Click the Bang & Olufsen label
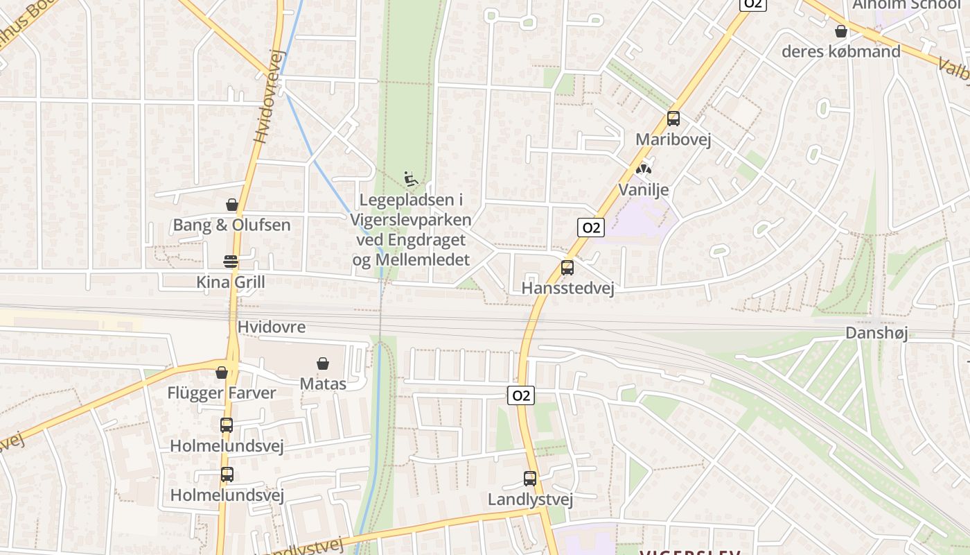pyautogui.click(x=231, y=225)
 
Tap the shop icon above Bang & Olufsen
pyautogui.click(x=231, y=205)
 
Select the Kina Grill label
pyautogui.click(x=231, y=282)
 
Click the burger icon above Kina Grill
pyautogui.click(x=231, y=262)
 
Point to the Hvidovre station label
pyautogui.click(x=271, y=327)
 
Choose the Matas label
pyautogui.click(x=323, y=383)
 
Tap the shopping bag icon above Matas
pyautogui.click(x=323, y=364)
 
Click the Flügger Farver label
pyautogui.click(x=222, y=393)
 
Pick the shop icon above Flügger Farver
pyautogui.click(x=222, y=373)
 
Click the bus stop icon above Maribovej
pyautogui.click(x=673, y=119)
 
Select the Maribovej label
pyautogui.click(x=673, y=139)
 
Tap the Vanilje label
pyautogui.click(x=644, y=189)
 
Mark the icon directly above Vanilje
pyautogui.click(x=644, y=169)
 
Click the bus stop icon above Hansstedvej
pyautogui.click(x=567, y=268)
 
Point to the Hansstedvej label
pyautogui.click(x=567, y=288)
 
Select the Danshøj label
pyautogui.click(x=876, y=333)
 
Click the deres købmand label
pyautogui.click(x=841, y=51)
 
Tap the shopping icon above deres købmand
pyautogui.click(x=841, y=32)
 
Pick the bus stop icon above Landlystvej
pyautogui.click(x=530, y=479)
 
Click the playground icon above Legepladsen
pyautogui.click(x=411, y=179)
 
